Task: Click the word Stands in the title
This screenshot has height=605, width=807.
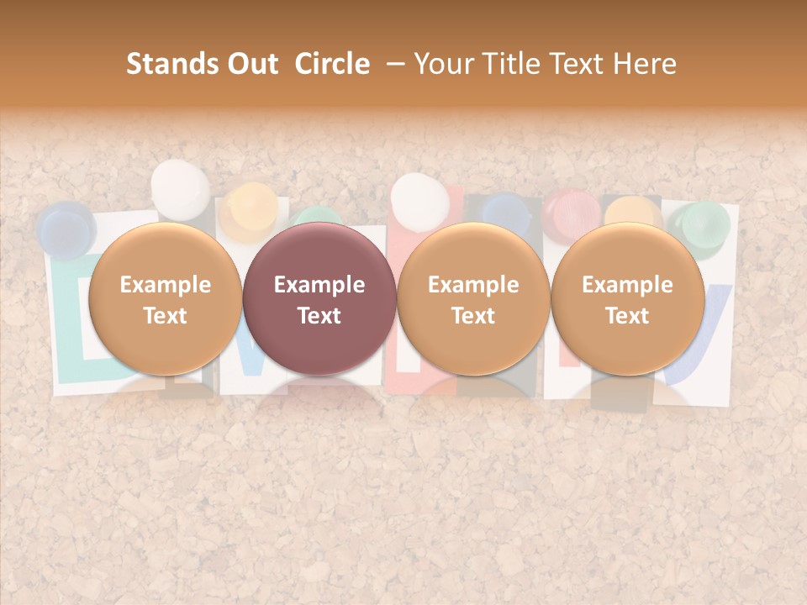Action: pos(166,64)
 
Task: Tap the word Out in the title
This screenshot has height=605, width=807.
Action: pos(251,64)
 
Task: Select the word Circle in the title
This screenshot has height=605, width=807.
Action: pos(332,64)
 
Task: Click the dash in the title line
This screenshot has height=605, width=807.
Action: pos(391,64)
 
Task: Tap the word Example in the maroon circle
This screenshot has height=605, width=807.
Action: pos(319,285)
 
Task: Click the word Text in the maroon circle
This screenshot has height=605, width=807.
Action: pos(319,316)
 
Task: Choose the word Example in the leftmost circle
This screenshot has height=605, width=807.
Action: pos(165,285)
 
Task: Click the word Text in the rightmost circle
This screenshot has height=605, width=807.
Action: pos(627,316)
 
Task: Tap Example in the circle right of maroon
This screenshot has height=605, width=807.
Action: pos(473,285)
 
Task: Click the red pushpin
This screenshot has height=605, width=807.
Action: pos(571,211)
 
